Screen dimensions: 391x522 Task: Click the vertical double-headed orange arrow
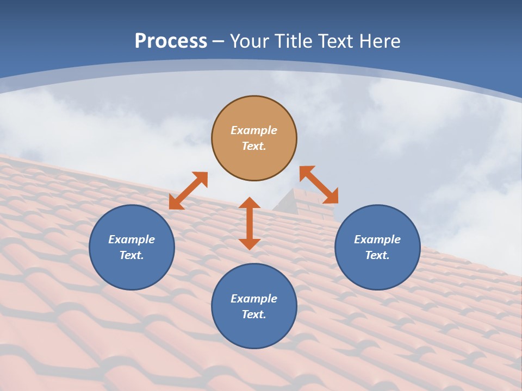[250, 223]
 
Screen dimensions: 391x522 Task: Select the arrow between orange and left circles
[188, 191]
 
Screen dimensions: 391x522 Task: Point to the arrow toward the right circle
[319, 185]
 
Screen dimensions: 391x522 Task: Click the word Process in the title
[171, 41]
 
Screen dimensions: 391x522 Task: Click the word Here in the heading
[380, 41]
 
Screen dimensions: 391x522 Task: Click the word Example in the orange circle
[254, 130]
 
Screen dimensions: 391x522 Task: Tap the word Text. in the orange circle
[254, 146]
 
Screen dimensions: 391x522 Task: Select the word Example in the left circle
[132, 239]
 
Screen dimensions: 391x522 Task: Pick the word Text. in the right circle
[377, 255]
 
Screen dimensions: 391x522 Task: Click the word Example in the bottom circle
[254, 299]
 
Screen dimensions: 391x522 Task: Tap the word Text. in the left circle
[132, 255]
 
